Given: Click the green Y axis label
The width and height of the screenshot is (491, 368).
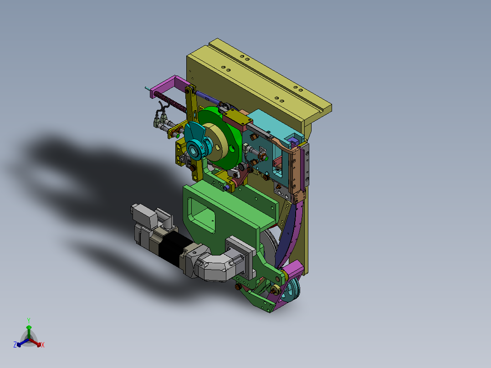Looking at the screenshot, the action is coord(29,321).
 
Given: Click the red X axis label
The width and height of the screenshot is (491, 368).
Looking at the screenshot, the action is coord(43,345).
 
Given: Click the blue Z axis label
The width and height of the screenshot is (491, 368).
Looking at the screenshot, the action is coord(15,345).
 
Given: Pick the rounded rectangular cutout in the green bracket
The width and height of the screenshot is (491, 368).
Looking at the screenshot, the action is coord(202,215).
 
